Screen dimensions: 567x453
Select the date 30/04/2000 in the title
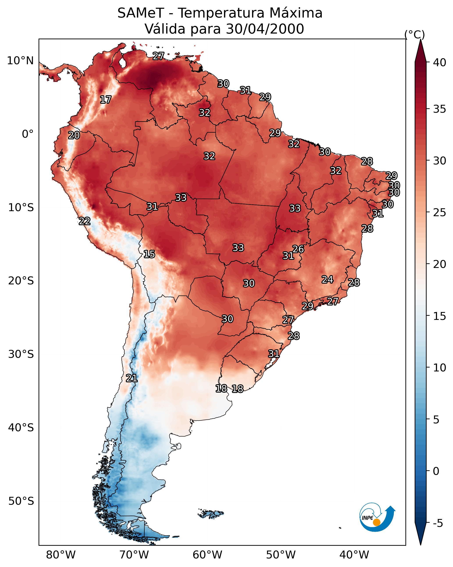pos(265,29)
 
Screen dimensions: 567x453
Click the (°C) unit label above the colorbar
pos(414,34)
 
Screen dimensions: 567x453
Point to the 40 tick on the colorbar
pos(440,62)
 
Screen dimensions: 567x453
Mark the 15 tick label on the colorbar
pos(440,316)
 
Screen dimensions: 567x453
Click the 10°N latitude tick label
pos(20,61)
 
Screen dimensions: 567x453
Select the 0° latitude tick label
pos(28,134)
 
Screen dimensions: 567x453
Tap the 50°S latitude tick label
pos(21,501)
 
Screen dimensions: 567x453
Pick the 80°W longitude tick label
pos(61,555)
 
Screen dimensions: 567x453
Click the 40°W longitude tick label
pos(354,555)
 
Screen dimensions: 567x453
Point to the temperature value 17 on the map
pos(106,100)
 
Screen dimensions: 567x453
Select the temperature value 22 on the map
pos(85,221)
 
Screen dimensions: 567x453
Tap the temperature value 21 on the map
pos(131,378)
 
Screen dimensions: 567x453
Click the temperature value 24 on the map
pos(327,280)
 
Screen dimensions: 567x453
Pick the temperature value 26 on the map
pos(298,249)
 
